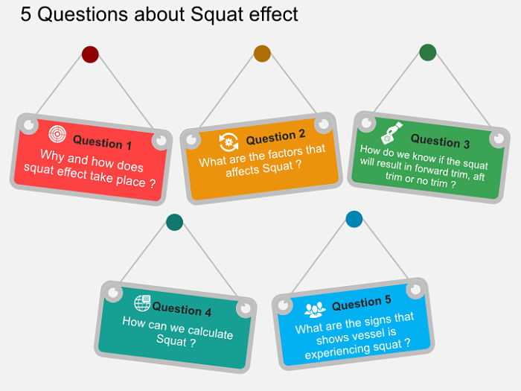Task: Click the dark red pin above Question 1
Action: pyautogui.click(x=90, y=54)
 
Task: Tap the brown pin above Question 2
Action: pyautogui.click(x=262, y=53)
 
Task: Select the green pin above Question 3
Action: pyautogui.click(x=427, y=52)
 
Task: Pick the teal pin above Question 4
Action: pyautogui.click(x=174, y=222)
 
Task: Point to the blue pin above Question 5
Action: pyautogui.click(x=354, y=219)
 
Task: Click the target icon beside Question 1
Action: pyautogui.click(x=57, y=135)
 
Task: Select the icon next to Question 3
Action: pyautogui.click(x=391, y=133)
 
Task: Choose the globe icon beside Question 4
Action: pyautogui.click(x=142, y=302)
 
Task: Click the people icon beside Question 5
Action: pyautogui.click(x=315, y=308)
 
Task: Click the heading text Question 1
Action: pyautogui.click(x=103, y=142)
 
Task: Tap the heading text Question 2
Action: pyautogui.click(x=275, y=137)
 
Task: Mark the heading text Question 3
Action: pyautogui.click(x=441, y=140)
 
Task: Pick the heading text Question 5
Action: pyautogui.click(x=361, y=303)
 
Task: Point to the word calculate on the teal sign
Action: pyautogui.click(x=206, y=332)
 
